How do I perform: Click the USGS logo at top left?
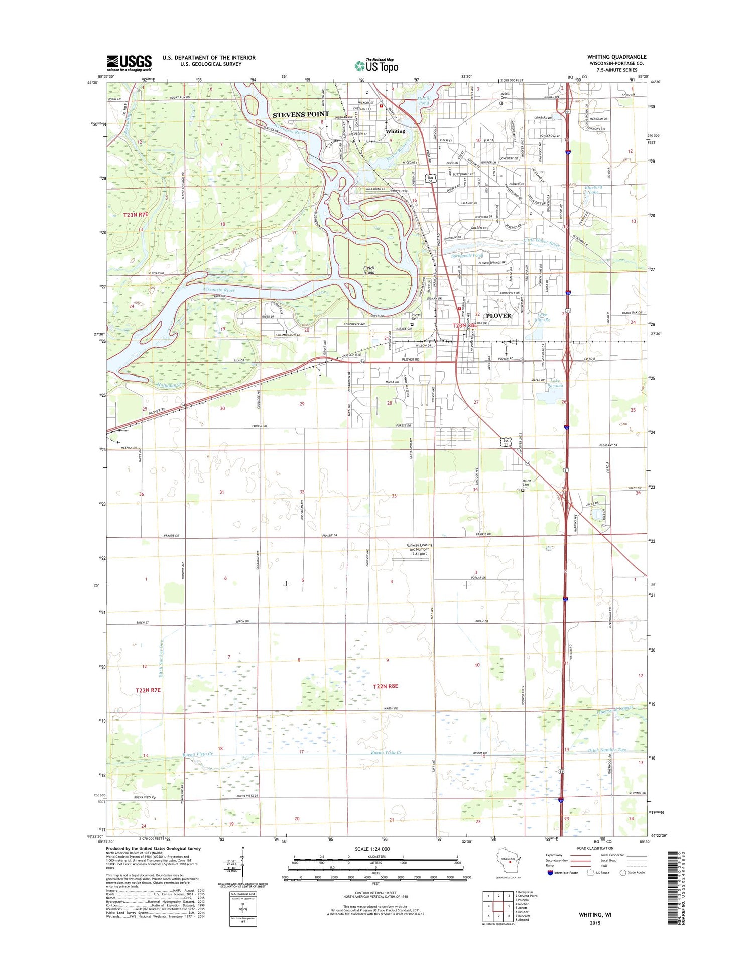pos(129,62)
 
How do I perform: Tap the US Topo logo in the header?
pos(376,65)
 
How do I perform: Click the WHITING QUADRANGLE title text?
pos(616,57)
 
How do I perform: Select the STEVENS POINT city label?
pos(301,114)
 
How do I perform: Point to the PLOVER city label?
pos(498,316)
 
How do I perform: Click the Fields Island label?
pos(369,270)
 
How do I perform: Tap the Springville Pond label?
pos(466,255)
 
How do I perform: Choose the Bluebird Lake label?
pos(592,190)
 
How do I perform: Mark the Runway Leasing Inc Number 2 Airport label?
pos(419,549)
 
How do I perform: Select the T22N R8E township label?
pos(385,686)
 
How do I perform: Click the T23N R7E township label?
pos(136,214)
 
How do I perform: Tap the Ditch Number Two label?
pos(607,750)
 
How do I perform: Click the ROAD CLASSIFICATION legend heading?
pos(595,848)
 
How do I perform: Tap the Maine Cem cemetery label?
pos(526,482)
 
